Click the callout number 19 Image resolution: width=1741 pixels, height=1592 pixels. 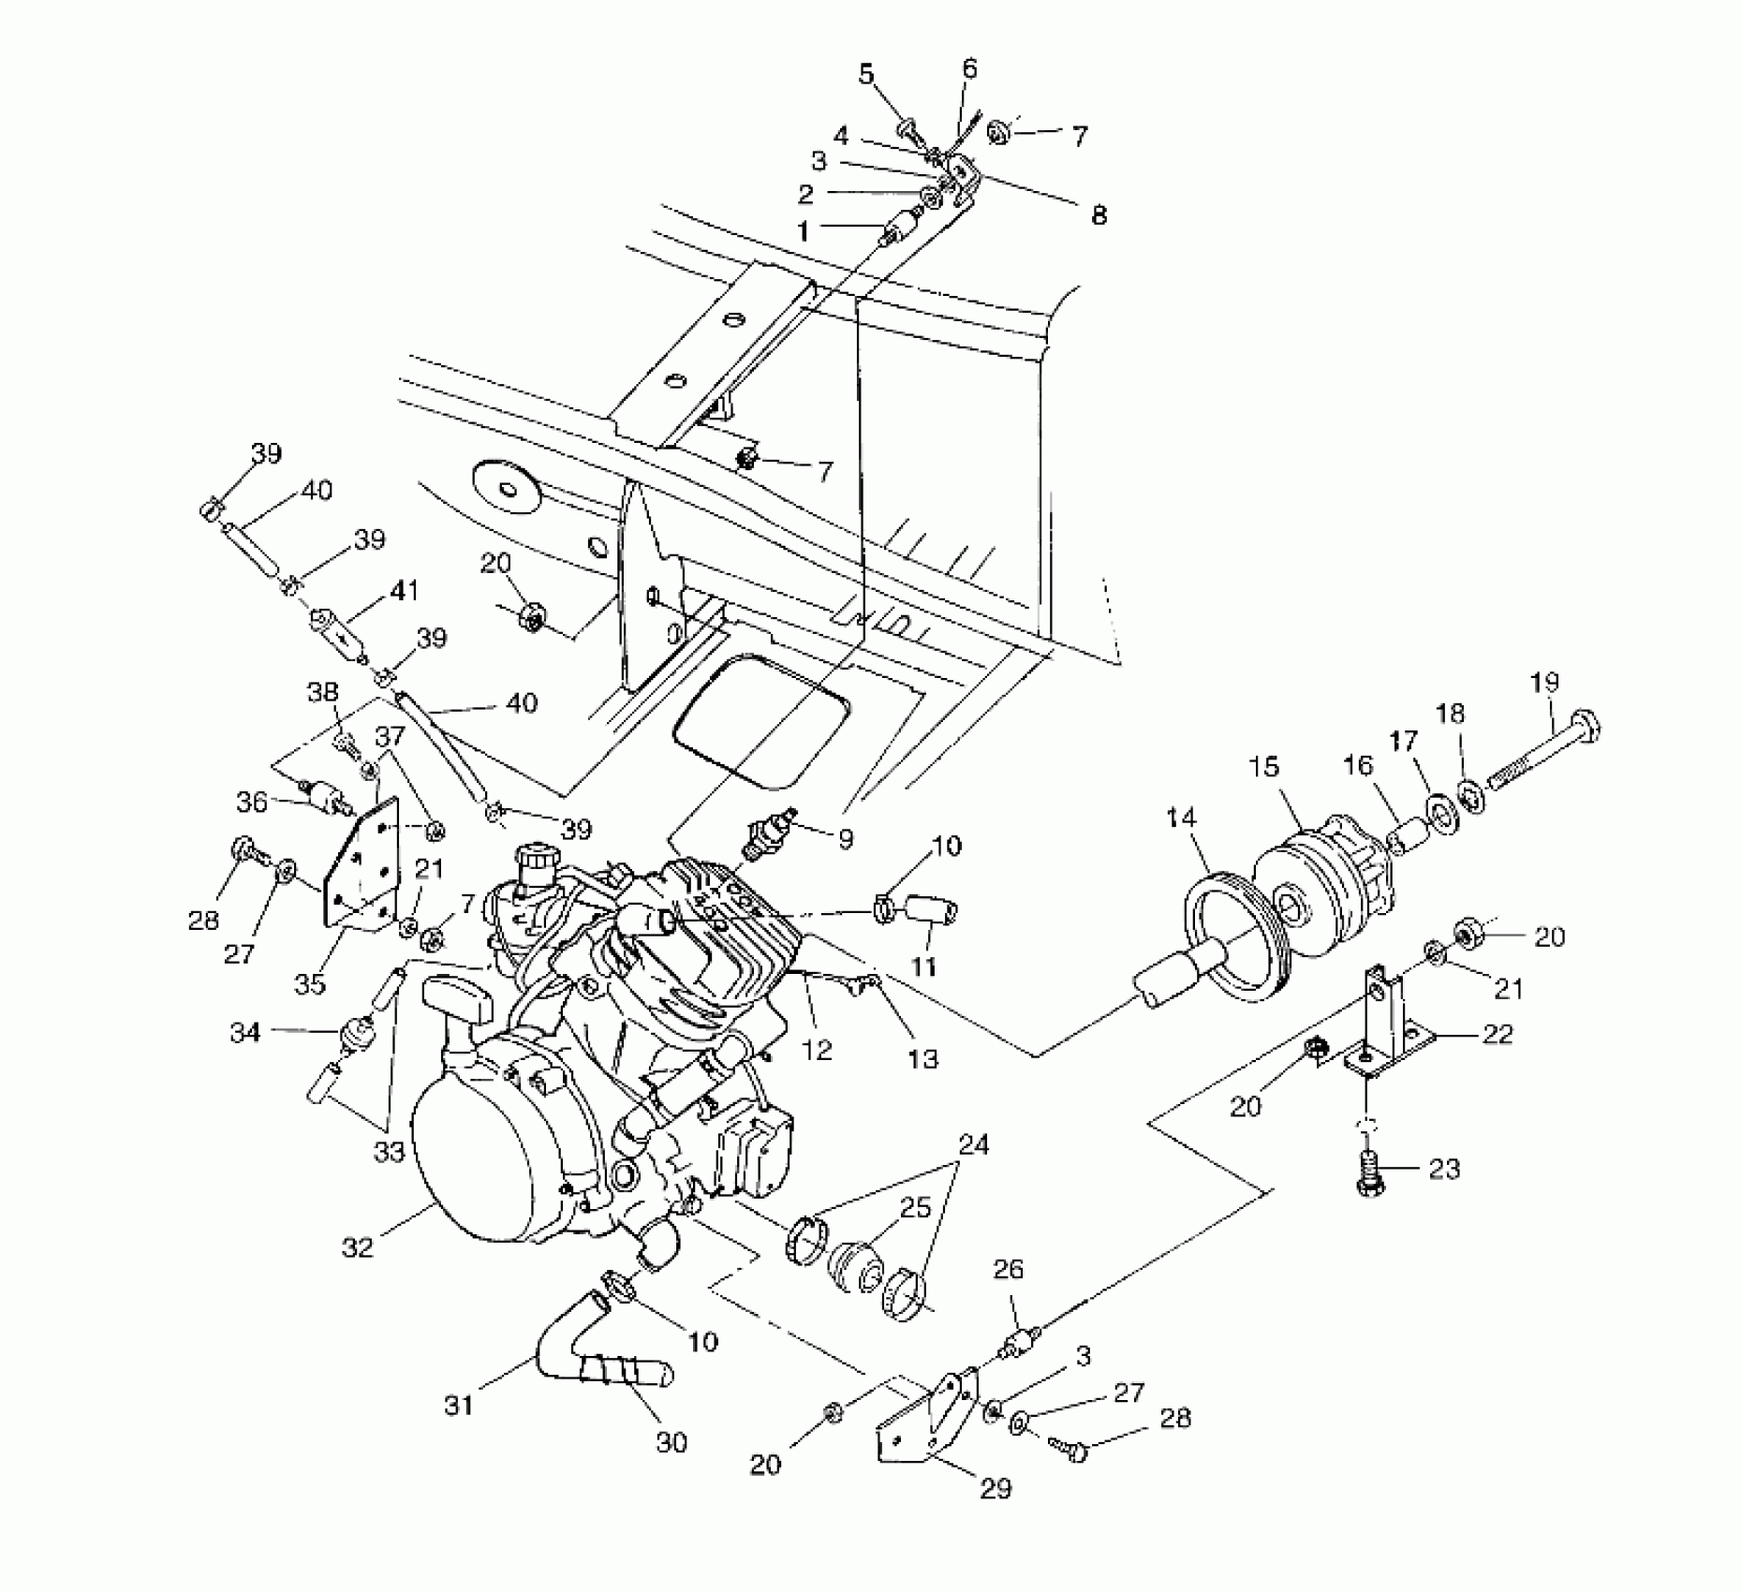(1544, 683)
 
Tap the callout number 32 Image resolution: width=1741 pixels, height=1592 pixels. (358, 1246)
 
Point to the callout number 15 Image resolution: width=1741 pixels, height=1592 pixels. (1263, 768)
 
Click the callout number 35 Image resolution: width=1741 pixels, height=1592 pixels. (309, 984)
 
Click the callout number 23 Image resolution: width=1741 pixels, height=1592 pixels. (1444, 1169)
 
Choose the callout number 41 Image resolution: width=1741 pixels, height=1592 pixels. (405, 591)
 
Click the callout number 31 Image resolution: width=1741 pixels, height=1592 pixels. (459, 1406)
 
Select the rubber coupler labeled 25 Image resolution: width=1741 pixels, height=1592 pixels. (854, 1266)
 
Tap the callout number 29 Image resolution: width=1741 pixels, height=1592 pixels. (996, 1488)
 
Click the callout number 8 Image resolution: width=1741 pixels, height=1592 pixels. (1099, 214)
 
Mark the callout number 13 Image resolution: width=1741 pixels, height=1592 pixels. (923, 1058)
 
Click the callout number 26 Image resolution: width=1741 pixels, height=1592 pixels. (1009, 1270)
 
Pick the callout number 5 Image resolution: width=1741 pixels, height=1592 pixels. (866, 73)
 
